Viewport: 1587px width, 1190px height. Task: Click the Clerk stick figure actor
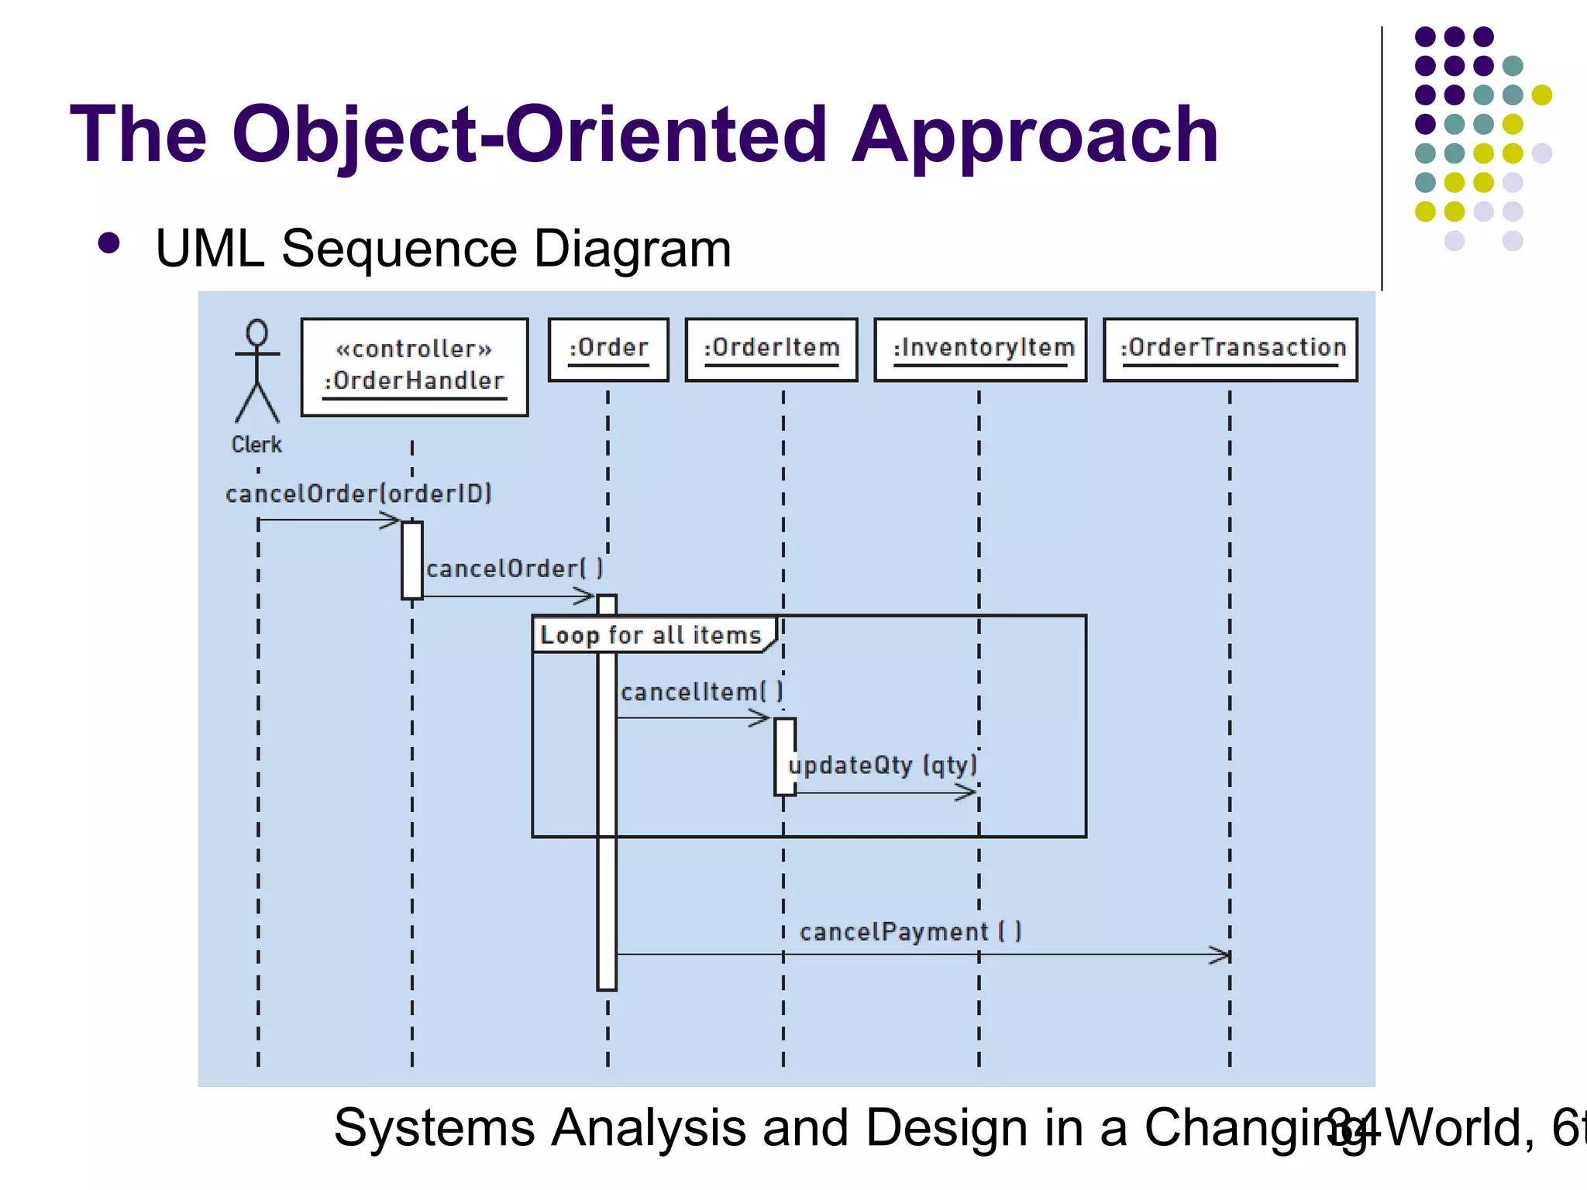pos(257,372)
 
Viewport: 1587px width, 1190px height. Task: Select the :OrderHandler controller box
pos(415,367)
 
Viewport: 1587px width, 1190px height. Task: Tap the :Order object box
pos(608,349)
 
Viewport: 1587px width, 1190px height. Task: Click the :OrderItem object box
pos(772,349)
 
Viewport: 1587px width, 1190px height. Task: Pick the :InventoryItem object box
pos(981,349)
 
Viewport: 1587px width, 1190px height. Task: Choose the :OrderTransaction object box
pos(1231,349)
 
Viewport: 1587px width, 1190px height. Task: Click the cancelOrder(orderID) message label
pos(359,494)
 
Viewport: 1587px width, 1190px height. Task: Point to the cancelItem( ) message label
pos(701,691)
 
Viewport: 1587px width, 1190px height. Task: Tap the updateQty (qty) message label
pos(883,765)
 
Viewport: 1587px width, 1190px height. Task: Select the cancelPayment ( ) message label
pos(911,931)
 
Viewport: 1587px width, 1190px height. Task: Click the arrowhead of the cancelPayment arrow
pos(1222,955)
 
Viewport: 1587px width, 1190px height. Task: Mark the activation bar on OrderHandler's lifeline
pos(412,560)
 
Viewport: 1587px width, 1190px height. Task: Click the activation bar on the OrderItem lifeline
pos(784,756)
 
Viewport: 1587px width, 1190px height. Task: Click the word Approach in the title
pos(1036,136)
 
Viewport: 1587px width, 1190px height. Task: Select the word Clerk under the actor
pos(256,445)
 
